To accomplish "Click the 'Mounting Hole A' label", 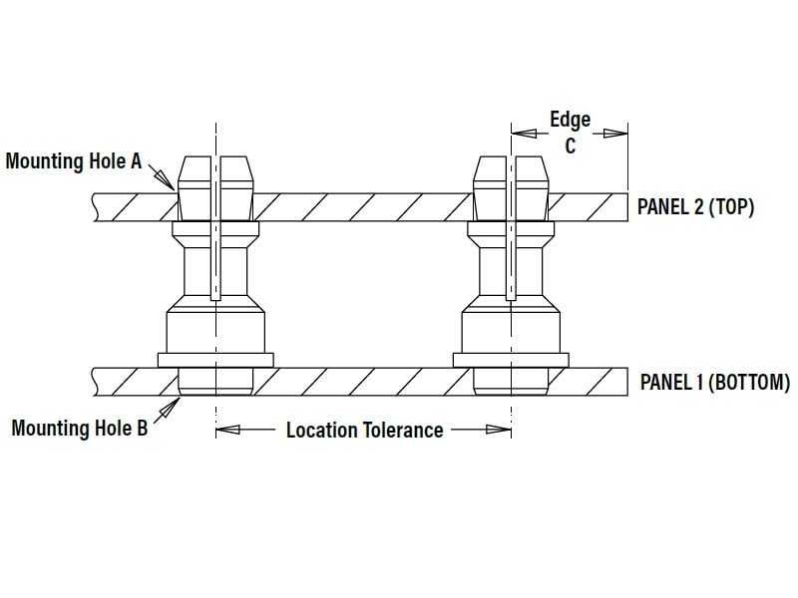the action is [73, 161].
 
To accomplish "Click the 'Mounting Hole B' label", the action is [80, 428].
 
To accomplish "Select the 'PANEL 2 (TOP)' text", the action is [695, 207].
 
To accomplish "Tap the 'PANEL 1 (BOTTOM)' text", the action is [715, 383].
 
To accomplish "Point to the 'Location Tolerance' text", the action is [364, 431].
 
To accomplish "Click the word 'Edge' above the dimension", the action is [570, 120].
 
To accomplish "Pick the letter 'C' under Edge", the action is [570, 146].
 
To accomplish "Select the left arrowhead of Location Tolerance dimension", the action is [227, 430].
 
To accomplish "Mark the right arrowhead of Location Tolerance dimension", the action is [499, 430].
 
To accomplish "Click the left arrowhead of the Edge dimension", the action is [524, 134].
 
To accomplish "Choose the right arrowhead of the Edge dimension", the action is [615, 134].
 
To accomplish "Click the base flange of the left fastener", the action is [215, 360].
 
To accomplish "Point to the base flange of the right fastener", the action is [511, 360].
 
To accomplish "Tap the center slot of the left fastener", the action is [215, 228].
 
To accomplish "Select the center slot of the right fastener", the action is [511, 228].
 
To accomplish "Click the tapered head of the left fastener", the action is [215, 188].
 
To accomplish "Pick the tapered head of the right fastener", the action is [511, 188].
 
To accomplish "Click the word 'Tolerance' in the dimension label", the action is [403, 431].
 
